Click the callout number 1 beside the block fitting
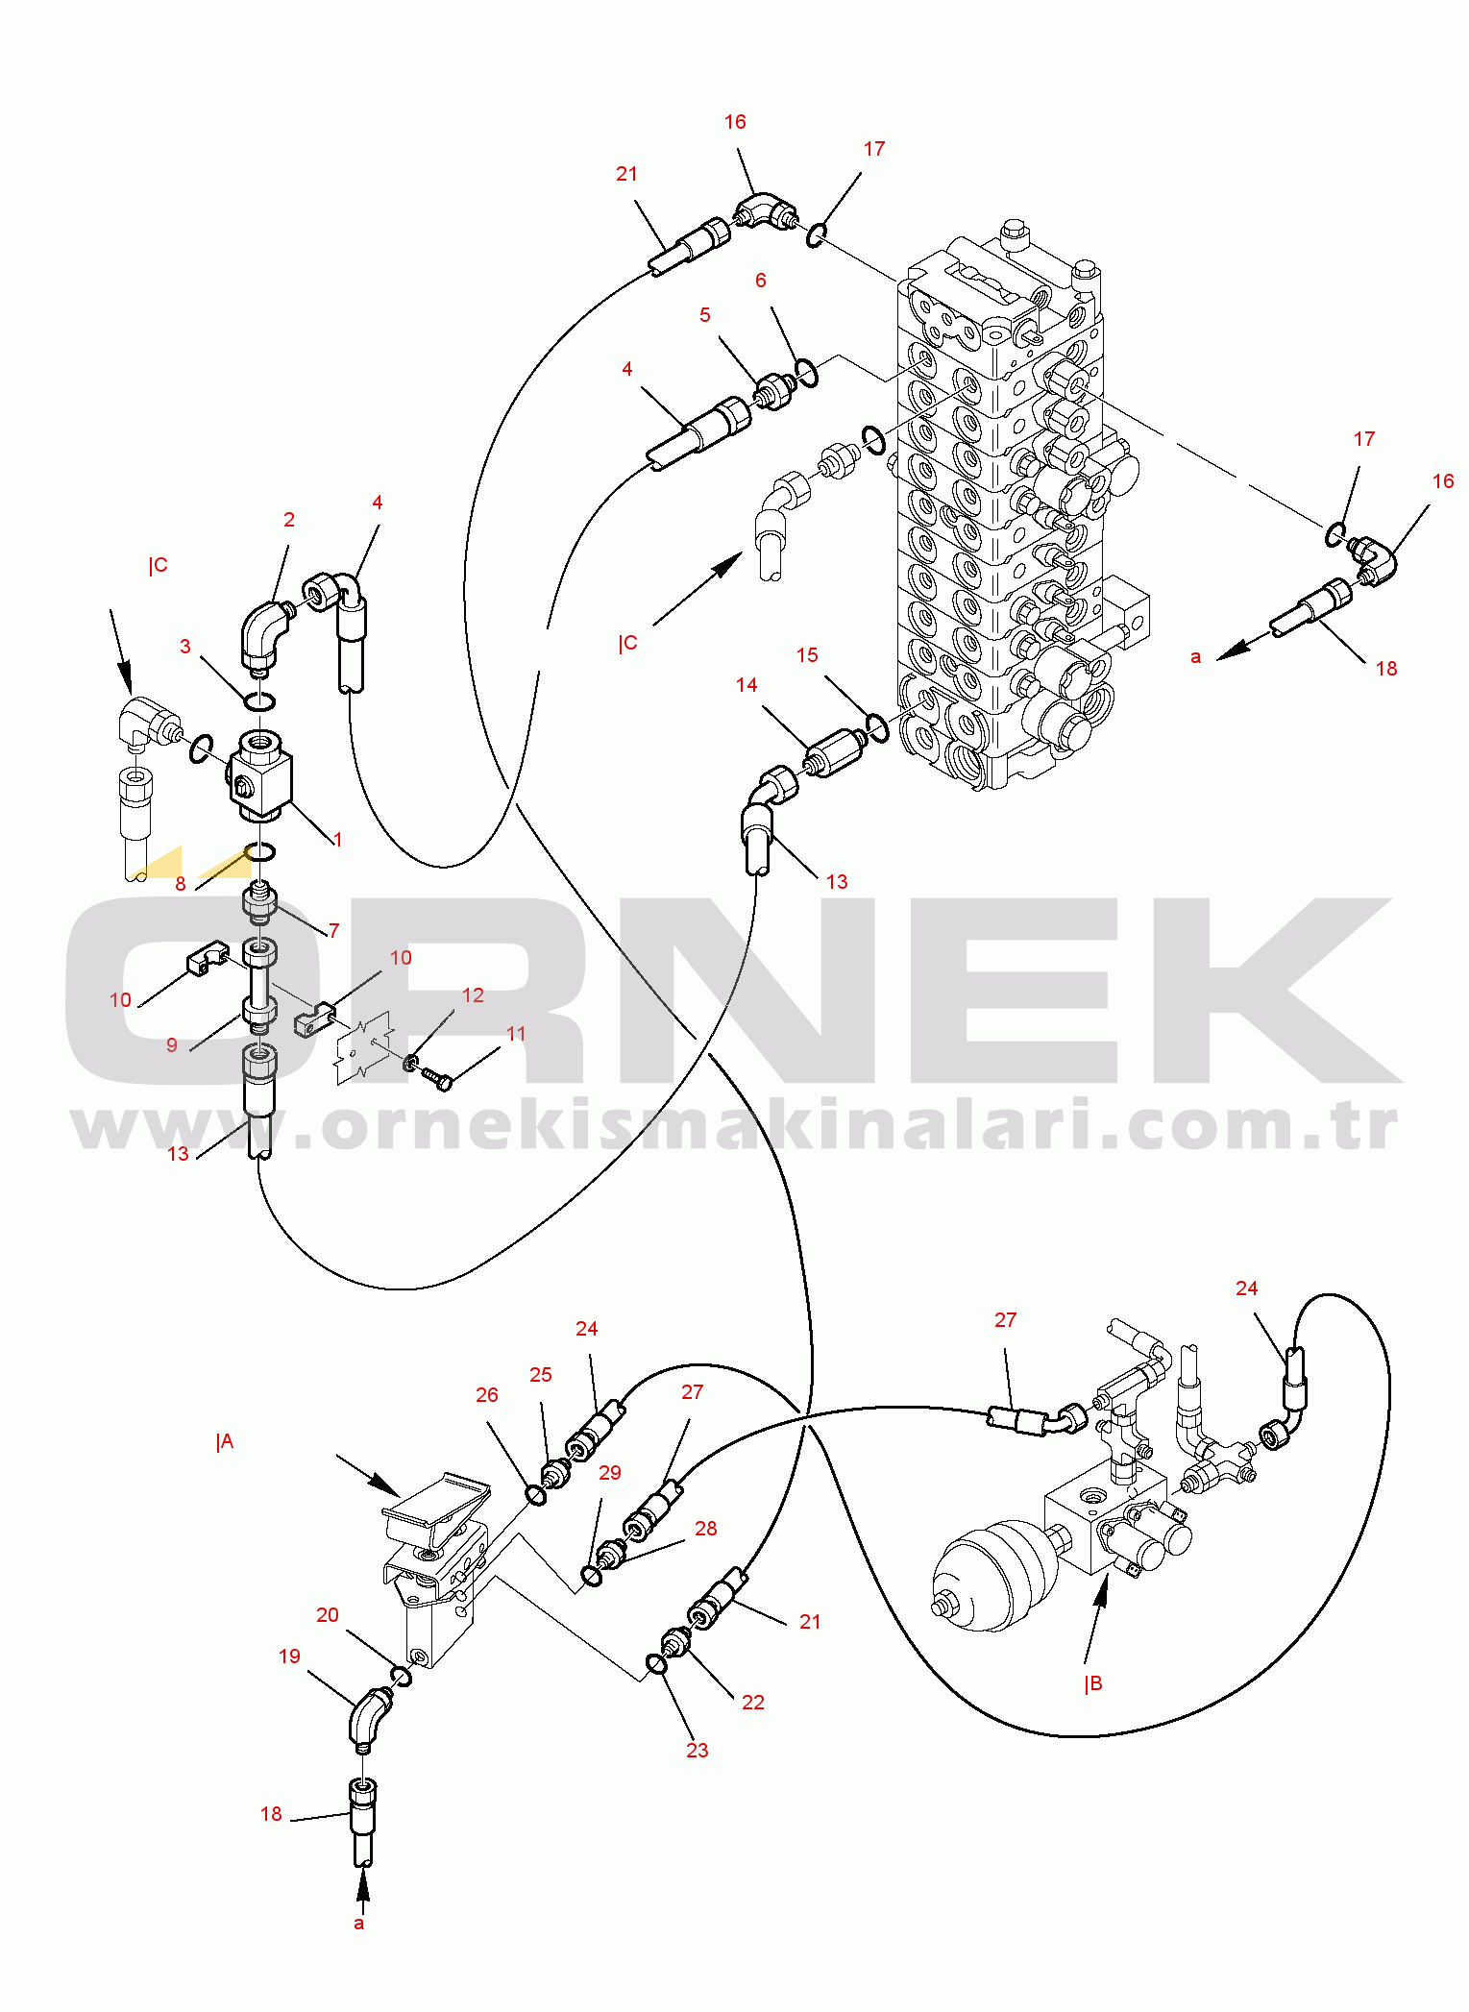coord(337,840)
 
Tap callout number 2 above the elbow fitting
coord(289,520)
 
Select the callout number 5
coord(705,315)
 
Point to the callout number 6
coord(761,281)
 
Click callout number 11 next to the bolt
coord(516,1034)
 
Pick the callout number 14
coord(747,685)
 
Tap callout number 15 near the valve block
coord(807,655)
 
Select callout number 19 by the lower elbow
coord(289,1656)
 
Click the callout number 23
coord(698,1751)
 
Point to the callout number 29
coord(610,1473)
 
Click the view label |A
coord(225,1441)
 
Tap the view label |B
coord(1093,1683)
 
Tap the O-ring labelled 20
coord(402,1676)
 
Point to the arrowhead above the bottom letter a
coord(362,1888)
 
